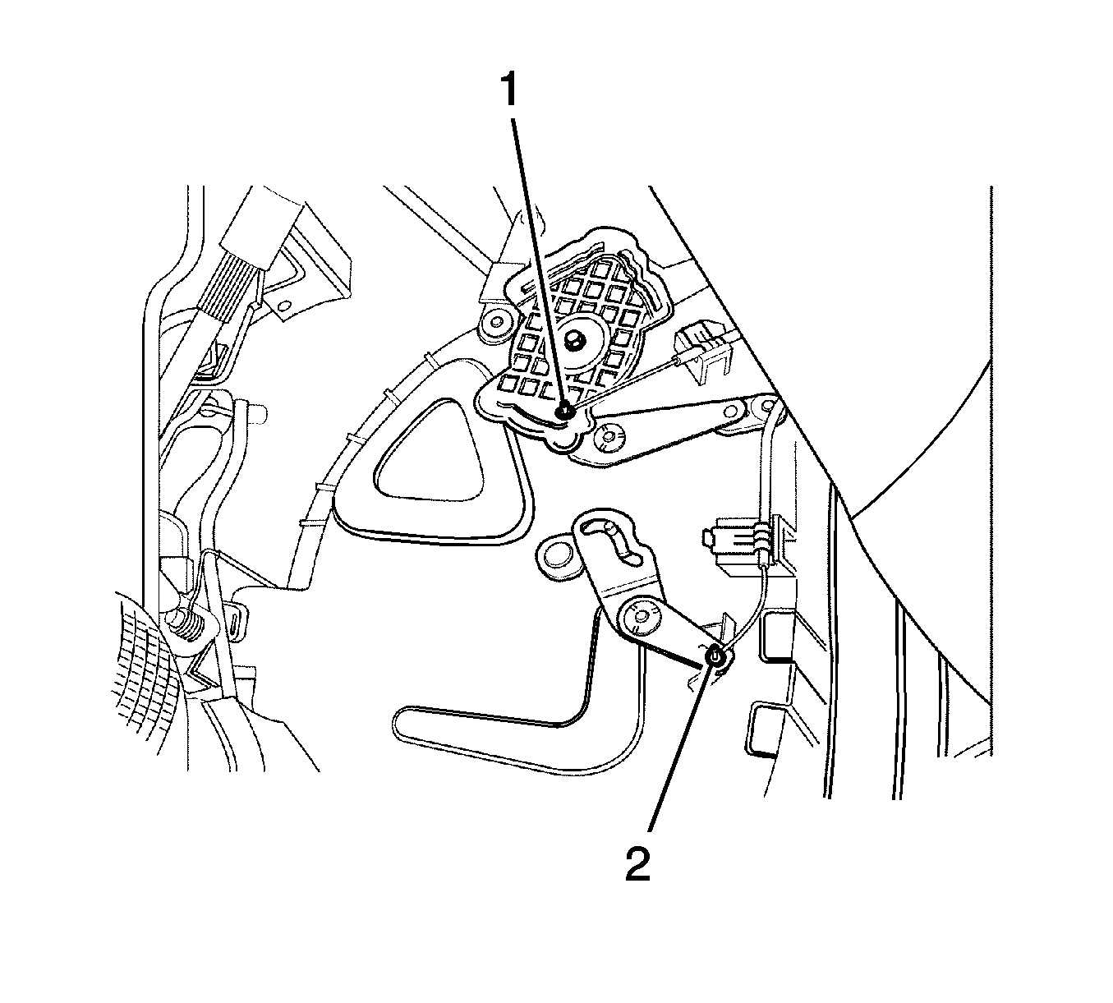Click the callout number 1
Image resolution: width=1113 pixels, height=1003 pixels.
click(508, 90)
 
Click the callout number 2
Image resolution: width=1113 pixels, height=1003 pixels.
click(637, 865)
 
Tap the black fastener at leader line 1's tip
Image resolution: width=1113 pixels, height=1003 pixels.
click(565, 412)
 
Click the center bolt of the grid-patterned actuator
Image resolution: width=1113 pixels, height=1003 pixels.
click(573, 339)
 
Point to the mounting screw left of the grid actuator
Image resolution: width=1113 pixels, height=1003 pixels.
click(495, 323)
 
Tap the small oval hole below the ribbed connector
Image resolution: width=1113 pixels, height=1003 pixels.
click(285, 306)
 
